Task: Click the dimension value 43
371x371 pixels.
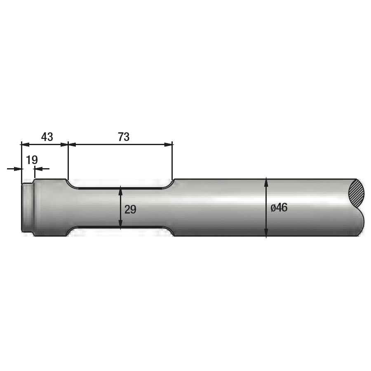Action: pos(47,137)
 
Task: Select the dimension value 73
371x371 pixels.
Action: pos(123,137)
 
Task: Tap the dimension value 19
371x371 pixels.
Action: pos(32,160)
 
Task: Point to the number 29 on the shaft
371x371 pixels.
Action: pos(130,209)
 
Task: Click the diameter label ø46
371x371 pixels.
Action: pos(279,208)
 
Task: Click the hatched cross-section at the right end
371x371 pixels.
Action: pos(357,194)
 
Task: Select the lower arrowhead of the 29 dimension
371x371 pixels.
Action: pos(120,225)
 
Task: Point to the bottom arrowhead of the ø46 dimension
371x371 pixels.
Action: pos(266,233)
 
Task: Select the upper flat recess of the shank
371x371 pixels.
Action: pos(120,188)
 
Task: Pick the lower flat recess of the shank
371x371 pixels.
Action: pos(120,228)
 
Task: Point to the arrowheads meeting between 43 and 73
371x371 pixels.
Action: pos(68,144)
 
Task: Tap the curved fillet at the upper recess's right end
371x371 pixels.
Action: pos(169,184)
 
